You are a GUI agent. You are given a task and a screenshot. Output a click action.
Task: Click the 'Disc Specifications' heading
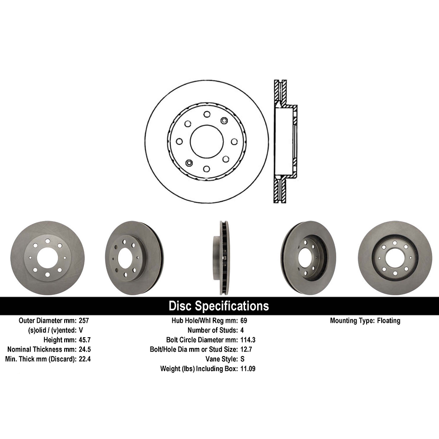pos(219,306)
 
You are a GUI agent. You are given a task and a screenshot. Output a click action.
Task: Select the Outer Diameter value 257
pos(84,320)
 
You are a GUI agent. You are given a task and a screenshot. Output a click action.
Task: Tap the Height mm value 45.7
pos(85,340)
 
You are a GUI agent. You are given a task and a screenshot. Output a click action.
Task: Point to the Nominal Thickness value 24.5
pos(85,349)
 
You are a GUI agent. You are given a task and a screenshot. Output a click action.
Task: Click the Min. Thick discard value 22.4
pos(85,359)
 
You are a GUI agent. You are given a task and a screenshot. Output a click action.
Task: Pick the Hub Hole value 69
pos(244,320)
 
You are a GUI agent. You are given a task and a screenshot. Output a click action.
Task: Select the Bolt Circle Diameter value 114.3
pos(248,340)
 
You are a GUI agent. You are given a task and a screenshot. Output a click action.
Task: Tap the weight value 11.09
pos(248,369)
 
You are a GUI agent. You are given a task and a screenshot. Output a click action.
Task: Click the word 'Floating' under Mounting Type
pos(388,320)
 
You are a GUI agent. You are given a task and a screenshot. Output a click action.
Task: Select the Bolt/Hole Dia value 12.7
pos(246,349)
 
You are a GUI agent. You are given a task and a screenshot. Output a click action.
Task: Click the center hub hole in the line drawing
pos(206,141)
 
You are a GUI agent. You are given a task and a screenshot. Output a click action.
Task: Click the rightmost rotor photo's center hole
pos(395,258)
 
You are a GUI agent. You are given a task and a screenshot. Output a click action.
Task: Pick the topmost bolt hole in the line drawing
pos(206,114)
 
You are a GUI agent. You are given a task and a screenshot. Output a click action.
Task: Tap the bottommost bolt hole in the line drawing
pos(206,169)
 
